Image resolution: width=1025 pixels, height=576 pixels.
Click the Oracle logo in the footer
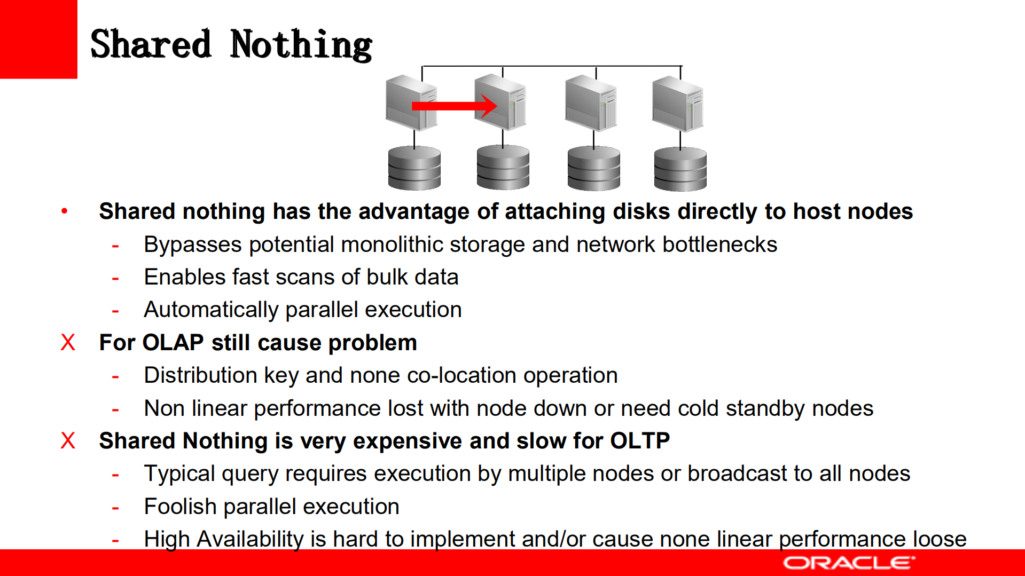[849, 563]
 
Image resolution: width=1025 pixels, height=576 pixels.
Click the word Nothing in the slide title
[301, 45]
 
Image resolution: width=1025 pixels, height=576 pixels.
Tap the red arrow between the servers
[455, 106]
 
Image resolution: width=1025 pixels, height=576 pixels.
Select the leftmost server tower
[411, 103]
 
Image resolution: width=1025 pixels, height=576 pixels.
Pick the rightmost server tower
[678, 104]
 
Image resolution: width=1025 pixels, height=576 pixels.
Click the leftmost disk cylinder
[414, 168]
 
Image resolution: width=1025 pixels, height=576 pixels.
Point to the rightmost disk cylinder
[680, 169]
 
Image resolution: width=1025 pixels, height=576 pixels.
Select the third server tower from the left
[591, 103]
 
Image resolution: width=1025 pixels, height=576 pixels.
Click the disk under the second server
[503, 168]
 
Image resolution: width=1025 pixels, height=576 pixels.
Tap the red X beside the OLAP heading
[68, 343]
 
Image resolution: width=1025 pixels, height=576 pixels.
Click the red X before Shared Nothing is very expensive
[68, 441]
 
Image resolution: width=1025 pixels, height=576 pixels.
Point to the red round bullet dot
[65, 211]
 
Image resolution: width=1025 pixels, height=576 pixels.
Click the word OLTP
[640, 441]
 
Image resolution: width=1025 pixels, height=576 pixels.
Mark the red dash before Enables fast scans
[115, 278]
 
